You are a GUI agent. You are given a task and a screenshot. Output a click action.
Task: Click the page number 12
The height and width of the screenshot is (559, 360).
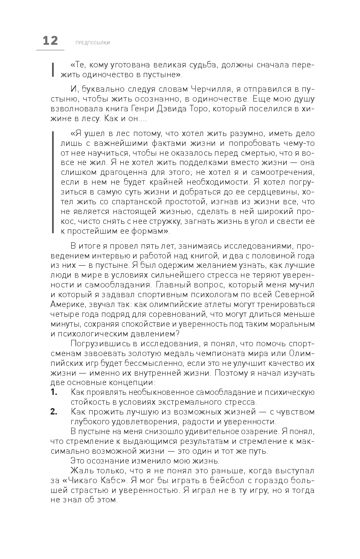[x=50, y=41]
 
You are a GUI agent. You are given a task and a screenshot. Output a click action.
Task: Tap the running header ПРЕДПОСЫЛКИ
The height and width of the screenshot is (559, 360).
[x=93, y=43]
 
